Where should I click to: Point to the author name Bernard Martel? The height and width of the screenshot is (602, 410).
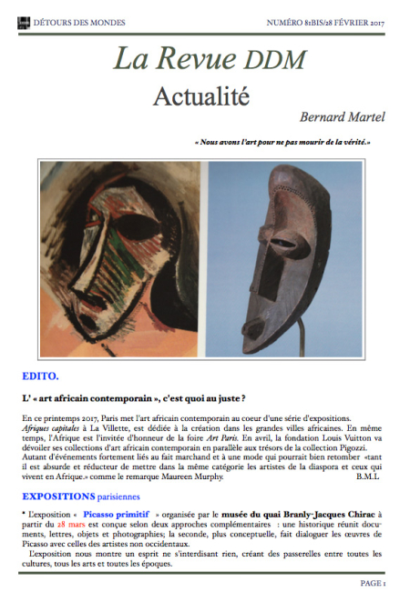(343, 116)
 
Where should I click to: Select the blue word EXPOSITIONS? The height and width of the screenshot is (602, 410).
(58, 497)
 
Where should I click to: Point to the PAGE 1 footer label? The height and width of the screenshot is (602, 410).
(372, 583)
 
